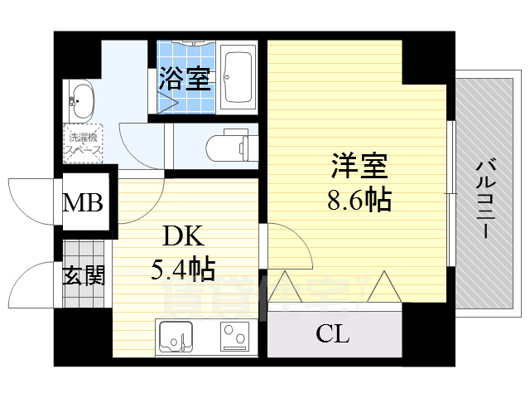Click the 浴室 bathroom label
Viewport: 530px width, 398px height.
click(x=185, y=79)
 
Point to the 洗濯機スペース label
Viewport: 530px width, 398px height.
click(x=84, y=144)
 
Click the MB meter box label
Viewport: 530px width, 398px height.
click(x=85, y=201)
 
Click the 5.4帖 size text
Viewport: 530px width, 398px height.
click(x=184, y=269)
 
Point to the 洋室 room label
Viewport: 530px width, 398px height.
click(x=359, y=166)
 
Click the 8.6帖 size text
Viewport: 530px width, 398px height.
click(x=359, y=199)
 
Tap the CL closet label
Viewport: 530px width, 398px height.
click(x=333, y=334)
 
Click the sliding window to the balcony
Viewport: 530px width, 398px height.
click(x=451, y=195)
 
